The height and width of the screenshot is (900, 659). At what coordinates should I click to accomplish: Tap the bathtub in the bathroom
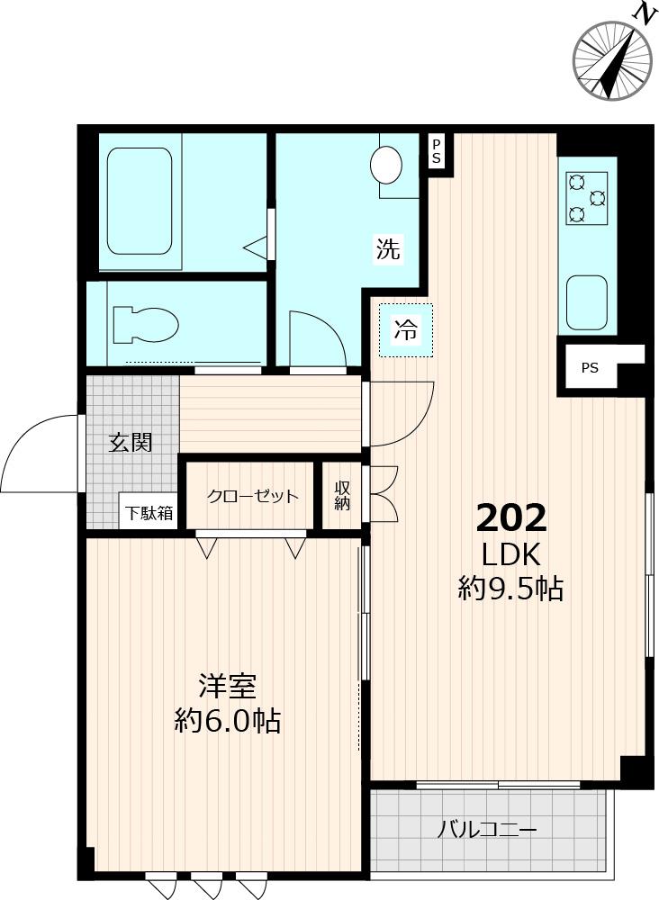click(139, 202)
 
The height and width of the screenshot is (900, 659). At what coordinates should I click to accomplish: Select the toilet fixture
click(144, 324)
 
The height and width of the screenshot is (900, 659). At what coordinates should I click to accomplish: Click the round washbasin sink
click(387, 165)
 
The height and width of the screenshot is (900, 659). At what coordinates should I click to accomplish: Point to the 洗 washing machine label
click(387, 249)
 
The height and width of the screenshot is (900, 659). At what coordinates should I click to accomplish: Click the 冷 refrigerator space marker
click(406, 330)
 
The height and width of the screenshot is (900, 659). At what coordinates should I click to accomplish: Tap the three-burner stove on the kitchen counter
click(586, 199)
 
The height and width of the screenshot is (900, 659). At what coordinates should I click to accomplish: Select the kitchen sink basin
click(586, 302)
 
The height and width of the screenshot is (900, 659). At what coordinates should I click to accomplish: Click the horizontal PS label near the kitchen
click(590, 367)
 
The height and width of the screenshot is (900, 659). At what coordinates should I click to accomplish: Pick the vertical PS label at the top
click(437, 150)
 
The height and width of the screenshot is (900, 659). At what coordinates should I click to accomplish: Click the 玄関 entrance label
click(131, 442)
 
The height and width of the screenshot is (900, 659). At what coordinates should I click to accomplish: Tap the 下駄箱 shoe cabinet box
click(149, 514)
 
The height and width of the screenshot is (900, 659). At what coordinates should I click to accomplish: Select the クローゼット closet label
click(252, 496)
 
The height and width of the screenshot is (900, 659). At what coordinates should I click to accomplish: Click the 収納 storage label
click(342, 496)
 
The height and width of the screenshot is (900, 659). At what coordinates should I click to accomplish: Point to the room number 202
click(510, 518)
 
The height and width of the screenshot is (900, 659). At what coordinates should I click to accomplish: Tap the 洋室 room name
click(227, 687)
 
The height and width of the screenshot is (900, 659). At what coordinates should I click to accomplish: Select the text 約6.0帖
click(227, 721)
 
